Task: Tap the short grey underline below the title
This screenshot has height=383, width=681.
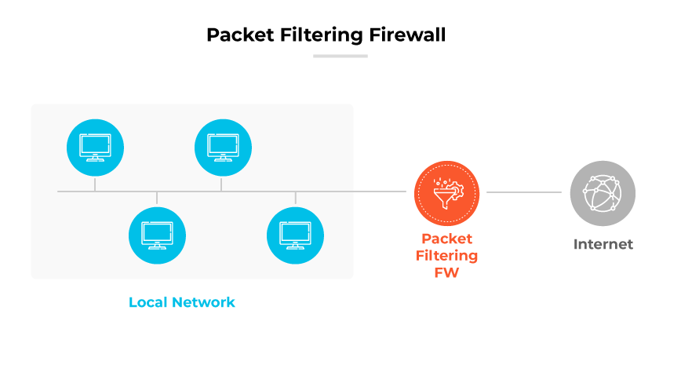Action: tap(340, 56)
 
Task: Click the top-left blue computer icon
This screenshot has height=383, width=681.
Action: tap(95, 147)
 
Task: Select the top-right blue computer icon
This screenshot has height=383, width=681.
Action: tap(223, 147)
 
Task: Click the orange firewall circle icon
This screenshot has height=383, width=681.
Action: tap(446, 192)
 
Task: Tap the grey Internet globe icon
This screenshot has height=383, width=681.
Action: tap(603, 193)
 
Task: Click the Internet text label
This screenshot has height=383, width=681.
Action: tap(603, 244)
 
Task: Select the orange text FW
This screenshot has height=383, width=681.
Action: tap(446, 273)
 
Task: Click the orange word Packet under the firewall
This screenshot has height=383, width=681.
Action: tap(446, 239)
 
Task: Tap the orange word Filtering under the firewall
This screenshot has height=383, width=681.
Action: tap(446, 256)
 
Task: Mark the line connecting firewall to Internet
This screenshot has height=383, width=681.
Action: tap(524, 191)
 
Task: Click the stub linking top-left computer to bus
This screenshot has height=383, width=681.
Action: tap(95, 184)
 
